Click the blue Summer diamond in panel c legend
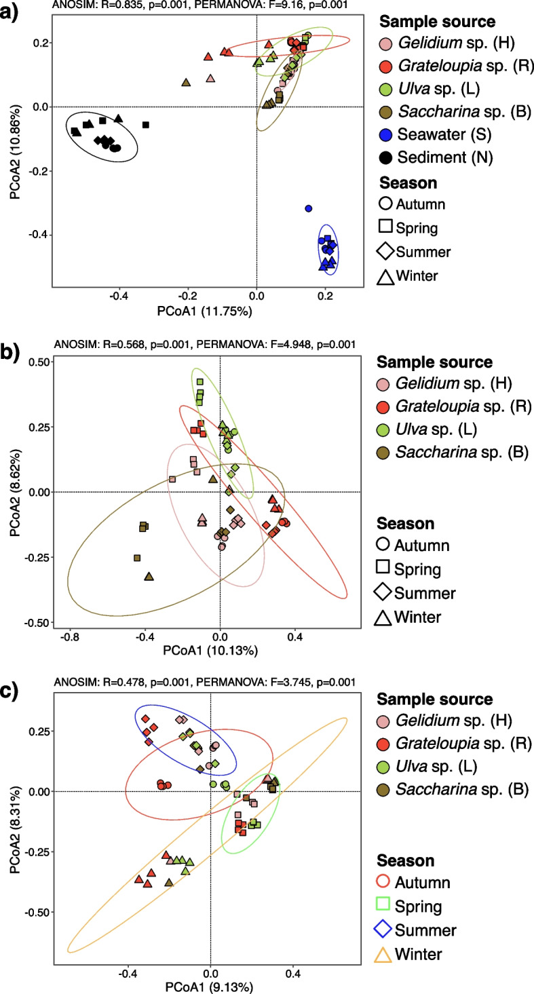click(x=385, y=930)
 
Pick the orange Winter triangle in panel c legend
click(x=385, y=953)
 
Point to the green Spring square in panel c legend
click(x=385, y=906)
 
